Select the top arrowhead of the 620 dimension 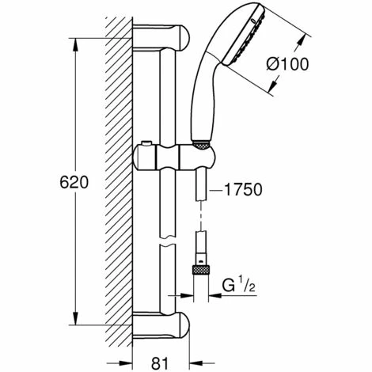[x=76, y=37]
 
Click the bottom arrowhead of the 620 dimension [x=76, y=325]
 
